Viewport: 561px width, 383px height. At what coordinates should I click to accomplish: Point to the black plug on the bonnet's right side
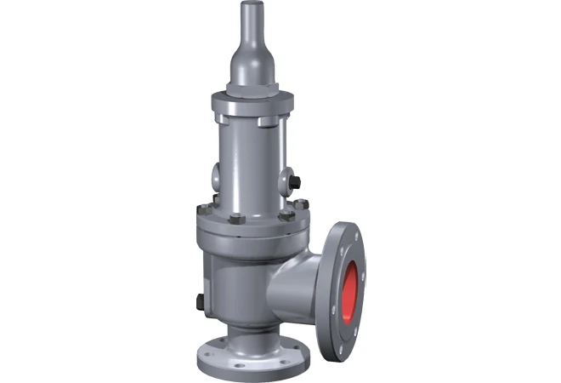292,183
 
